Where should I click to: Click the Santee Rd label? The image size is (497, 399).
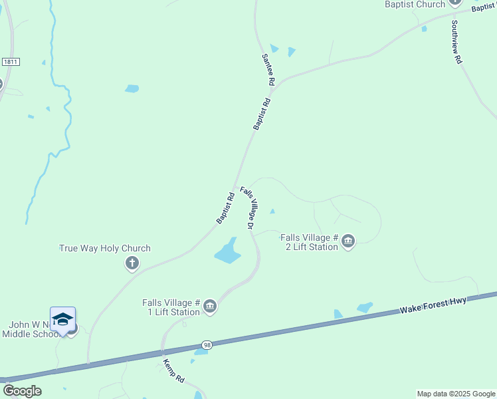tap(268, 69)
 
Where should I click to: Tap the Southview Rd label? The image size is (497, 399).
tap(456, 41)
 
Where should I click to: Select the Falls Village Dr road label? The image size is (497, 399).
tap(247, 208)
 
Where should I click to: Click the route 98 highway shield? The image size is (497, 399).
tap(207, 345)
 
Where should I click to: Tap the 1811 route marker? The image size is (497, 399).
tap(10, 61)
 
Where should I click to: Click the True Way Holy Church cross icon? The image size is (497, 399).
tap(132, 263)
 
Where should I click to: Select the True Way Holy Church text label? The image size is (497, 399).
tap(105, 249)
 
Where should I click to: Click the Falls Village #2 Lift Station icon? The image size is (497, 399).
tap(348, 241)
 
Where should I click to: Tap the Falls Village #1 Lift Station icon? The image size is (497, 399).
tap(210, 306)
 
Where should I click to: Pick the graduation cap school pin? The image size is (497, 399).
tap(62, 319)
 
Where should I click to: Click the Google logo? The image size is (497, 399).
tap(22, 391)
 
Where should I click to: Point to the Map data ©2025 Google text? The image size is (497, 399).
tap(455, 394)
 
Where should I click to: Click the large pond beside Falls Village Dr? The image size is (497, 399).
tap(227, 251)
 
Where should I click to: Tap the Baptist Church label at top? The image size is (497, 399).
tap(415, 5)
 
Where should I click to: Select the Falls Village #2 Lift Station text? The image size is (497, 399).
tap(310, 241)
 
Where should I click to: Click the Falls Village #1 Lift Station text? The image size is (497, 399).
tap(171, 307)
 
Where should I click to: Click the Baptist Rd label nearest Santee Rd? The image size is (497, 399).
tap(262, 114)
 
